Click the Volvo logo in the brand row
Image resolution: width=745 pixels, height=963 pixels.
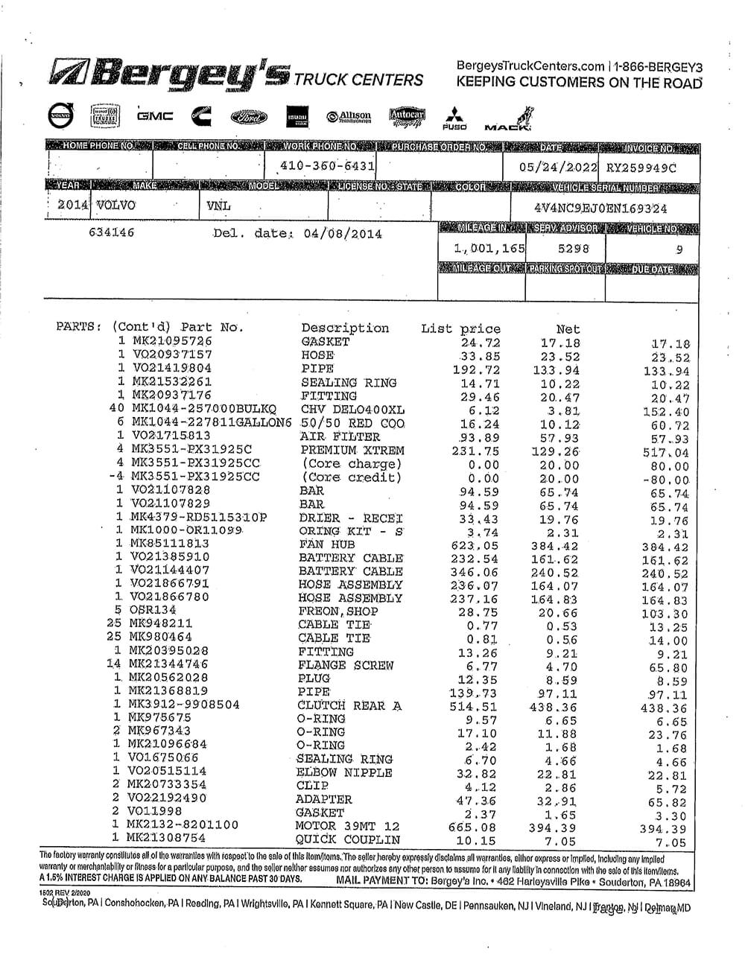click(61, 116)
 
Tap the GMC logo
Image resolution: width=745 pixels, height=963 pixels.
click(155, 116)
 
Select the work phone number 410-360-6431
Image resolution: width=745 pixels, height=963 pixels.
click(328, 165)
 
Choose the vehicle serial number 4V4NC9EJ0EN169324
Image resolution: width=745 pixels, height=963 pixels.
click(600, 209)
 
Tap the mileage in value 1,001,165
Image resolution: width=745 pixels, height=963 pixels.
click(489, 248)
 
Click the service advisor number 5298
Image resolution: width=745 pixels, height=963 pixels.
click(572, 248)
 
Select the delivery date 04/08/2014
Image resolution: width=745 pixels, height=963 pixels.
click(343, 233)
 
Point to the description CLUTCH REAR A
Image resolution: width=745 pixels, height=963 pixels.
click(349, 705)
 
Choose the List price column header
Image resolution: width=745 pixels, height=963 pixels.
click(460, 328)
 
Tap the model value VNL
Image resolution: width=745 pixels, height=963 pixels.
click(218, 206)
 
